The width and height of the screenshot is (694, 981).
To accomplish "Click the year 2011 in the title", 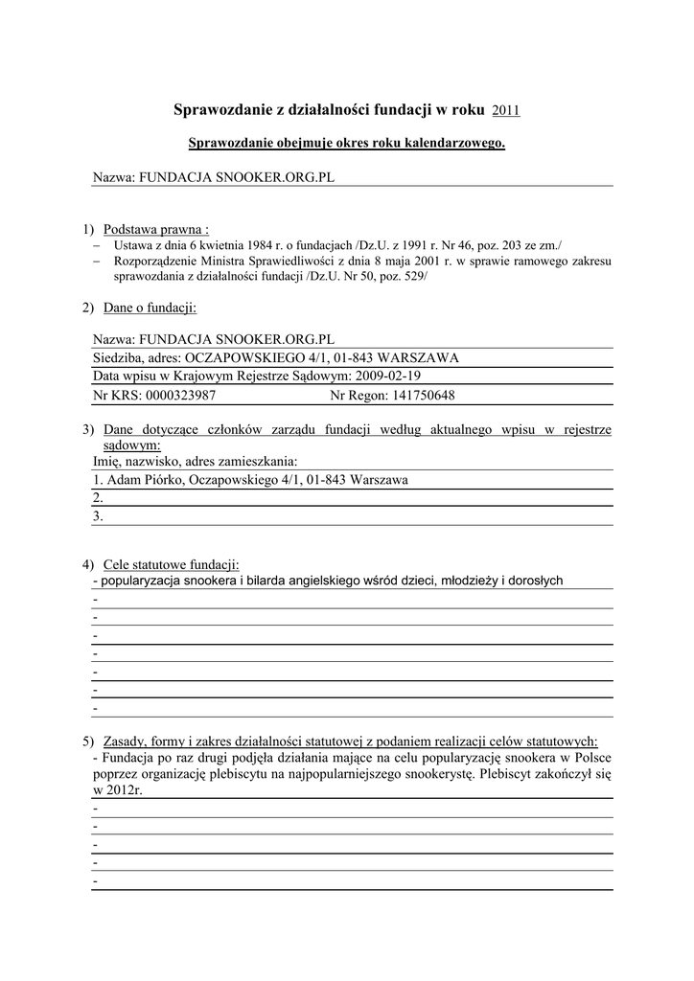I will [x=505, y=111].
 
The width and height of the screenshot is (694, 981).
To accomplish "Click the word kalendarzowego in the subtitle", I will [x=455, y=144].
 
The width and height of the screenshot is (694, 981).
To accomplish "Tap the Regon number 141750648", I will [x=414, y=395].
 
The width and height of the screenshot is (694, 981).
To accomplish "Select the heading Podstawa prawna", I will [x=156, y=229].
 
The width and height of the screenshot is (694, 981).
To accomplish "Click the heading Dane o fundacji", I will [x=150, y=308].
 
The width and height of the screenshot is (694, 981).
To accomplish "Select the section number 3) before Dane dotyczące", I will [x=87, y=430].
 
